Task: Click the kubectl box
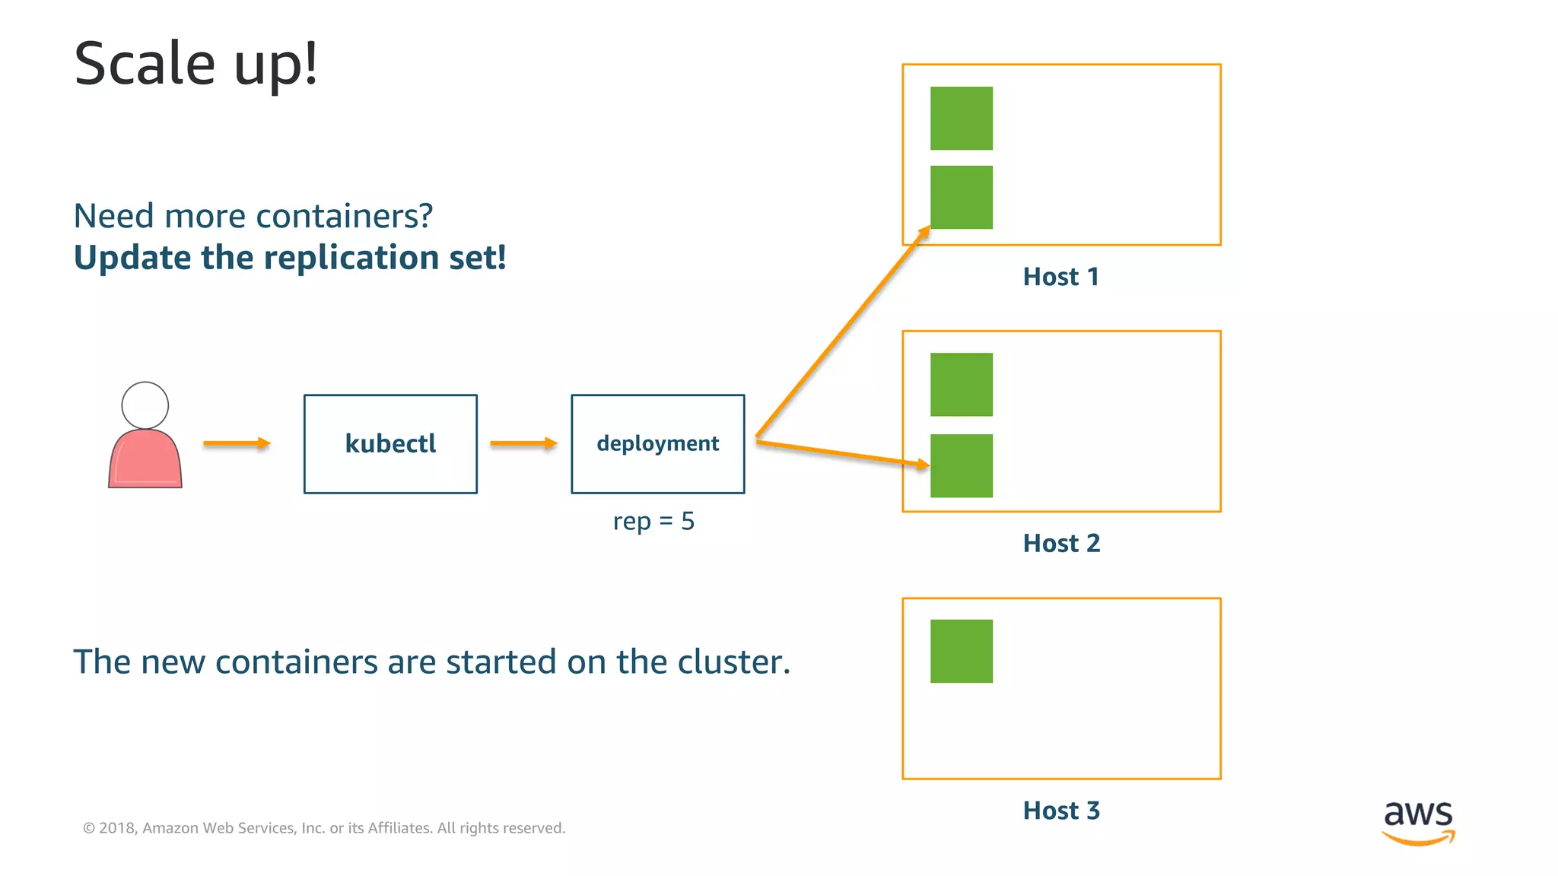click(x=390, y=444)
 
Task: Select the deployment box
click(x=658, y=444)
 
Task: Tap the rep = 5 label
click(x=653, y=522)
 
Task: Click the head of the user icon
click(x=145, y=405)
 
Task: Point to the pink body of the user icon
click(x=145, y=461)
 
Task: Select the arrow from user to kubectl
click(x=237, y=443)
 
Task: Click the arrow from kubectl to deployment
click(x=523, y=443)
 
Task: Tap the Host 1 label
click(x=1061, y=277)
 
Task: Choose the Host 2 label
click(x=1061, y=544)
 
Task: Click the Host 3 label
click(x=1061, y=811)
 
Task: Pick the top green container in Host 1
click(x=962, y=118)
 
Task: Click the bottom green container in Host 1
click(x=962, y=197)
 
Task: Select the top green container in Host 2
click(x=962, y=384)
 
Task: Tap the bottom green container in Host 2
click(x=962, y=466)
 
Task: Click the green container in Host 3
click(x=962, y=651)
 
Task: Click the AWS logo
click(x=1418, y=821)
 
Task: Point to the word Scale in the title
click(x=145, y=64)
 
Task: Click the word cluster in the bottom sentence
click(x=731, y=662)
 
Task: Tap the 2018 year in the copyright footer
click(x=116, y=828)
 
